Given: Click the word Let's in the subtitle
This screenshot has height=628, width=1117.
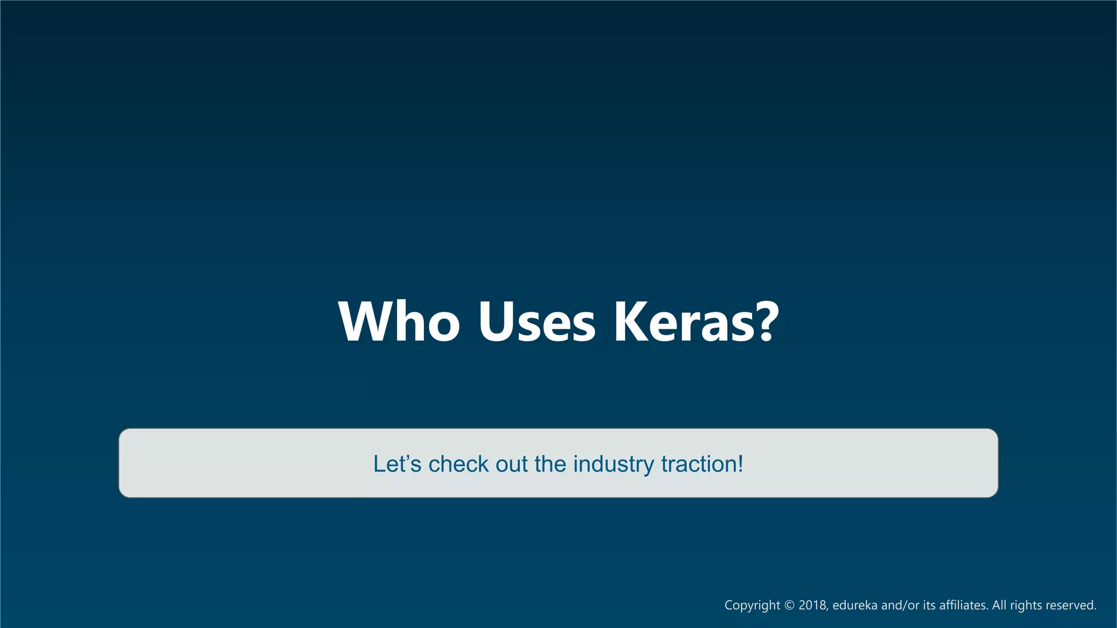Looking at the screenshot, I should click(397, 464).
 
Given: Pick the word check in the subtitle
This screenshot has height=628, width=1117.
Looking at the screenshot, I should click(458, 464).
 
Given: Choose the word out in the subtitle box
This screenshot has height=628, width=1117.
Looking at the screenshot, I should click(512, 464).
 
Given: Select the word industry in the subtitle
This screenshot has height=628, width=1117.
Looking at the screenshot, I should click(613, 464).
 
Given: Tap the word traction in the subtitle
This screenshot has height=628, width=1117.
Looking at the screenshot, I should click(699, 464).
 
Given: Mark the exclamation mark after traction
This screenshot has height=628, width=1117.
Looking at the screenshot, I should click(740, 464).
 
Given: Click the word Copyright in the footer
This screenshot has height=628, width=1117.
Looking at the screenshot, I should click(752, 605).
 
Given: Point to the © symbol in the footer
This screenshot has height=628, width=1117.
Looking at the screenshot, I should click(789, 605).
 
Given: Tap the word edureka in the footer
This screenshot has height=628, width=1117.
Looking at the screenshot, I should click(855, 605).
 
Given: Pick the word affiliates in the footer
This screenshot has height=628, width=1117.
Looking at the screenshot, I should click(963, 605).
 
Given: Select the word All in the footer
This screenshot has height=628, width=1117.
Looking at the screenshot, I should click(999, 605).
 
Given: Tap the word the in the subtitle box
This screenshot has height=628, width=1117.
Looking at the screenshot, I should click(551, 464).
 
